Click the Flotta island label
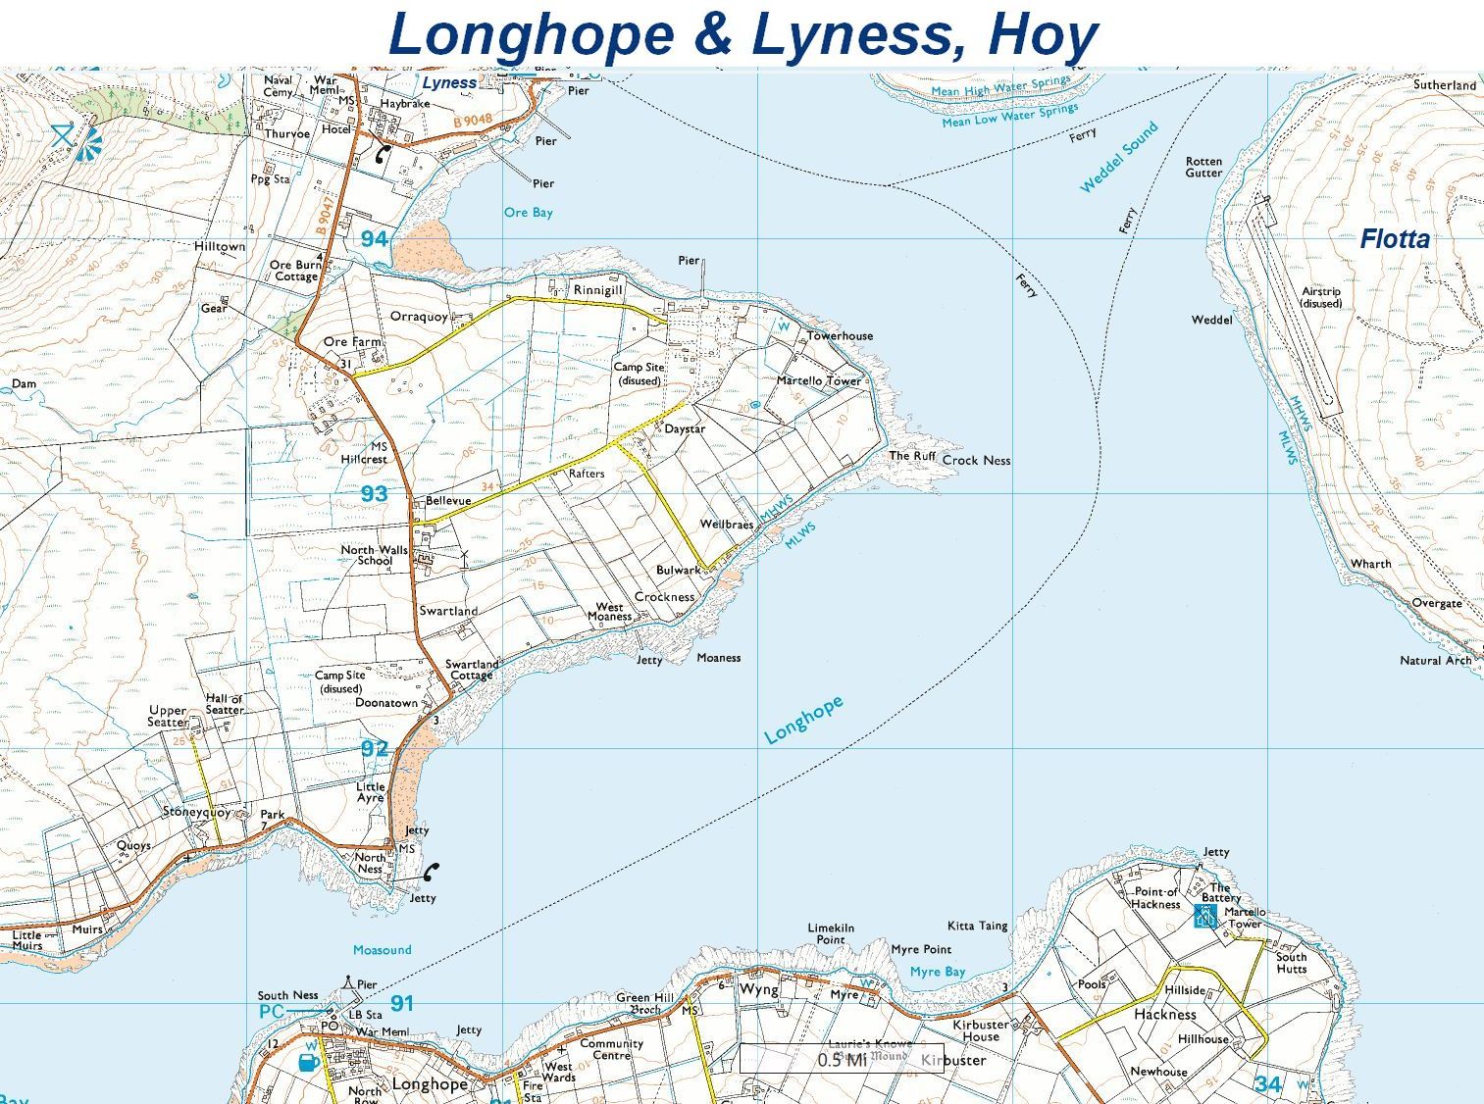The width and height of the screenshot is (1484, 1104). (x=1394, y=238)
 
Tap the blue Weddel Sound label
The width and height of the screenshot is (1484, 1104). (x=1119, y=157)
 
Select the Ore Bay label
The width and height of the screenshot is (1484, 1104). (x=528, y=213)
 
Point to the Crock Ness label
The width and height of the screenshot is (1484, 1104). (x=976, y=460)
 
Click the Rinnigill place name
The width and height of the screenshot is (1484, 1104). (x=598, y=290)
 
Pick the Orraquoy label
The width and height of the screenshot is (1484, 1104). (x=419, y=317)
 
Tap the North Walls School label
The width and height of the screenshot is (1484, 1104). (x=374, y=555)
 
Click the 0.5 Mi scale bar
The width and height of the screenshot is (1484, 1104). (x=842, y=1059)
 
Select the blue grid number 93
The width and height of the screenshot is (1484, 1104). (x=374, y=494)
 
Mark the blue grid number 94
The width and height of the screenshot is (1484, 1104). (x=374, y=239)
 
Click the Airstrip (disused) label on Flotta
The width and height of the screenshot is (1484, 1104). (x=1320, y=297)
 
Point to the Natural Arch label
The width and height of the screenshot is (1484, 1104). (x=1435, y=660)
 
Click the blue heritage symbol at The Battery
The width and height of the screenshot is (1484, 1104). (x=1204, y=917)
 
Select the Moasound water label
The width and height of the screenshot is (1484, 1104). (x=382, y=949)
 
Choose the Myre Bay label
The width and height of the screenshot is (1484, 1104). (x=937, y=972)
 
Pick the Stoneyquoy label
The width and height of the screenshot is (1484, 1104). (x=196, y=812)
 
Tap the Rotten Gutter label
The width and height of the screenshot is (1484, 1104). (x=1203, y=167)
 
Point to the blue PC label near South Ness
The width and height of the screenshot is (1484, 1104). (x=272, y=1011)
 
